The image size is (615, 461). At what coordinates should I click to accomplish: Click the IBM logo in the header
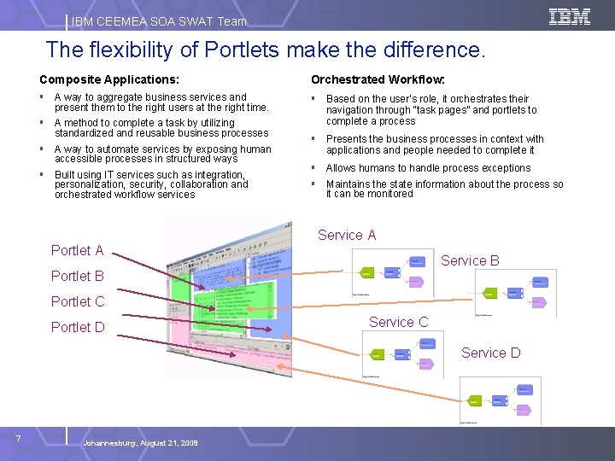pyautogui.click(x=570, y=16)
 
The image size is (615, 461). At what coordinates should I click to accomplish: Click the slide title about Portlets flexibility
pyautogui.click(x=265, y=50)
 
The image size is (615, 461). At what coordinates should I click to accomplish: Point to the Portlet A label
pyautogui.click(x=77, y=250)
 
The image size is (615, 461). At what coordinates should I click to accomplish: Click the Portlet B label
pyautogui.click(x=77, y=276)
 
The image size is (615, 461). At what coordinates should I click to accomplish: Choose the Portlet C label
pyautogui.click(x=77, y=301)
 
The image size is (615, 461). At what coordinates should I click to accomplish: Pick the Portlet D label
pyautogui.click(x=77, y=327)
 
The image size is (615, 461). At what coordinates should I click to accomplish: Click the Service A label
pyautogui.click(x=347, y=235)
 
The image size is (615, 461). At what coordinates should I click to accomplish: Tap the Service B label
pyautogui.click(x=470, y=260)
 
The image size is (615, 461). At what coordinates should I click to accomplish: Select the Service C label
pyautogui.click(x=398, y=322)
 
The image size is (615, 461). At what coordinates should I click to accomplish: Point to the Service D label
pyautogui.click(x=490, y=353)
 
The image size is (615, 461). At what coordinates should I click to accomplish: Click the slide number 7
pyautogui.click(x=18, y=438)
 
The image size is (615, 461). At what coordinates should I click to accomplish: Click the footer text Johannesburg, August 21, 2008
pyautogui.click(x=140, y=443)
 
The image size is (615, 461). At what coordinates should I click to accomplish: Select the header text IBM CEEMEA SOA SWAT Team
pyautogui.click(x=159, y=21)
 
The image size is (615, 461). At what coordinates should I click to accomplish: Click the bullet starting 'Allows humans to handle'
pyautogui.click(x=428, y=168)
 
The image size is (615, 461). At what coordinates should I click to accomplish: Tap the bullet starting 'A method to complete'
pyautogui.click(x=161, y=127)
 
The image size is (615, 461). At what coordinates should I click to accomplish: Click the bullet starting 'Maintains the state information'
pyautogui.click(x=444, y=189)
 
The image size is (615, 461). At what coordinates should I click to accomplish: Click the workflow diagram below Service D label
pyautogui.click(x=499, y=399)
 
